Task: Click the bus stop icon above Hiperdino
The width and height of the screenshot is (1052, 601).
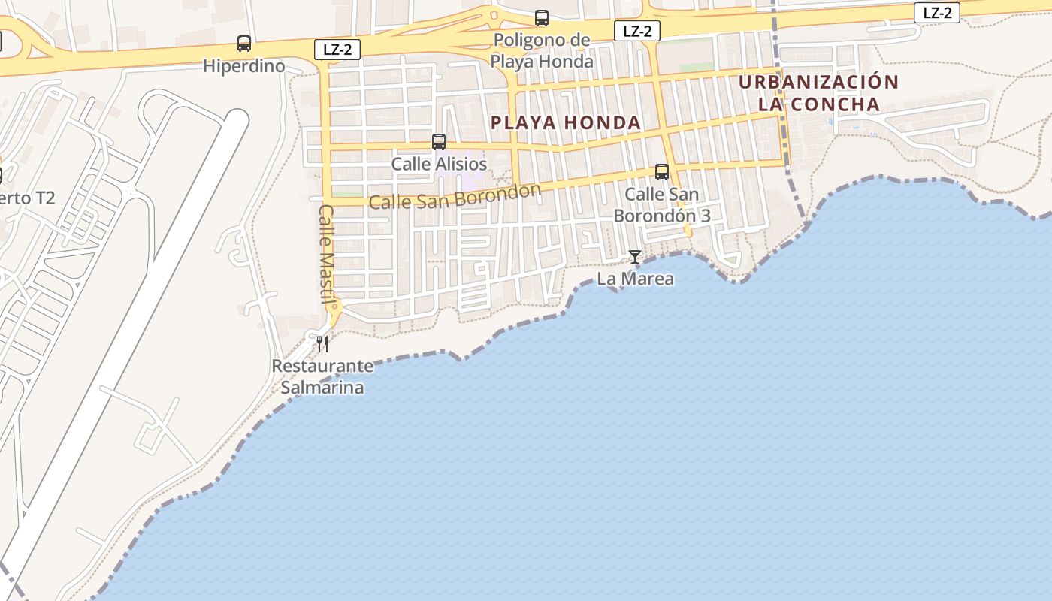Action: [x=244, y=44]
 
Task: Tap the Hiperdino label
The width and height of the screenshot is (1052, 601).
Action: [x=244, y=66]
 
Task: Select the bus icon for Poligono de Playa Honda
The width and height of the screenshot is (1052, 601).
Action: [x=541, y=18]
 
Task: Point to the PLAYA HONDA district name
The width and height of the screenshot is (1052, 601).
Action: [x=566, y=122]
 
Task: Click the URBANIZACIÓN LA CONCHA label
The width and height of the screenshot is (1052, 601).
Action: [x=818, y=92]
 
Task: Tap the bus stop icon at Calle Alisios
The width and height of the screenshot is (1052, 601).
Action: [x=439, y=141]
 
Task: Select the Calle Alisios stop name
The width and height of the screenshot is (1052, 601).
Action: [x=439, y=164]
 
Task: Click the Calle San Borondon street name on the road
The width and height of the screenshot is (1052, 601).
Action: [x=455, y=196]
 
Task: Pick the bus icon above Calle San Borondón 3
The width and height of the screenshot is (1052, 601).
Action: [x=662, y=172]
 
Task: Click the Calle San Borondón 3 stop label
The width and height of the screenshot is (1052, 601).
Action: [x=662, y=204]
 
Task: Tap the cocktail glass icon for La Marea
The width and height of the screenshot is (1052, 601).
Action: [x=635, y=257]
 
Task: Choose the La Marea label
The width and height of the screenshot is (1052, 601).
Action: [x=635, y=279]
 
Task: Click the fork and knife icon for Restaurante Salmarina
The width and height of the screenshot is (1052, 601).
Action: [x=322, y=344]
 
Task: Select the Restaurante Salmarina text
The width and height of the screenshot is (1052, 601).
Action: [x=322, y=377]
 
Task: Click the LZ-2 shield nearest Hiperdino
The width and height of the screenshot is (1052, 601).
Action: [x=337, y=50]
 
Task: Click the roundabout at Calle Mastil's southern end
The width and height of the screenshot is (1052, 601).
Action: [x=334, y=307]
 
